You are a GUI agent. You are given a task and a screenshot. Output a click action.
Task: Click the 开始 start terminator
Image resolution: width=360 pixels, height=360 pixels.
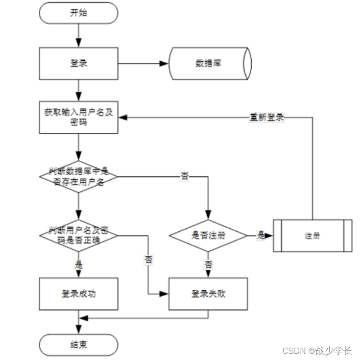pos(79,13)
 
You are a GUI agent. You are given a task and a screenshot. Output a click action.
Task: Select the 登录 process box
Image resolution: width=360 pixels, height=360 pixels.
pos(79,64)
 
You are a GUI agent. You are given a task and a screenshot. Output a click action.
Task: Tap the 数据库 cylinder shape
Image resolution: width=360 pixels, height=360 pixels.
pos(210,64)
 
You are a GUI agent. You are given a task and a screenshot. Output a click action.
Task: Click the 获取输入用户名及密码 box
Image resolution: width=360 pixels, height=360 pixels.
pos(79,117)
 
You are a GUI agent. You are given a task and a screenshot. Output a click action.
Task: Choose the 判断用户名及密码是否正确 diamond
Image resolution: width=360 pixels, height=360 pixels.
pos(79,235)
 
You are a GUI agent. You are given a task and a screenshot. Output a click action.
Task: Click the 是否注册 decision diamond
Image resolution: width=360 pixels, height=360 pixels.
pos(208,235)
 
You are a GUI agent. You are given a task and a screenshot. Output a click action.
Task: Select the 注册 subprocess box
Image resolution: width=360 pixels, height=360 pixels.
pos(313,235)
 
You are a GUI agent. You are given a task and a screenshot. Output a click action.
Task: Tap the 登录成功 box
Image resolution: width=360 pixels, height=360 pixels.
pos(79,294)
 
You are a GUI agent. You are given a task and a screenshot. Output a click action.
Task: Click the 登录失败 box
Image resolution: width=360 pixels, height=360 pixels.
pos(208,294)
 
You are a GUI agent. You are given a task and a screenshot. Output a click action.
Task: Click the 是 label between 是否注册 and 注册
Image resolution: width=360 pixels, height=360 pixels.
pos(261,235)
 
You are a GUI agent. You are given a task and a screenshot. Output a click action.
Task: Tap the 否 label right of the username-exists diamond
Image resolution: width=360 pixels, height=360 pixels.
pos(184,177)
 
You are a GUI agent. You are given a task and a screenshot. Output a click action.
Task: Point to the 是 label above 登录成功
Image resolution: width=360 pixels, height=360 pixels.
pos(79,265)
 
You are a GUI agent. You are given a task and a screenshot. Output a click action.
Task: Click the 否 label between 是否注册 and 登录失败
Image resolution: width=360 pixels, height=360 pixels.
pos(208,265)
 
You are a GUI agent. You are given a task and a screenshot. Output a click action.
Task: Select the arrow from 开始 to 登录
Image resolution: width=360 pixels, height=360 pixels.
pos(79,35)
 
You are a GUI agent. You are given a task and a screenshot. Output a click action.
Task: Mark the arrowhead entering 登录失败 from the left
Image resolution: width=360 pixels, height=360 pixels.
pos(165,294)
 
